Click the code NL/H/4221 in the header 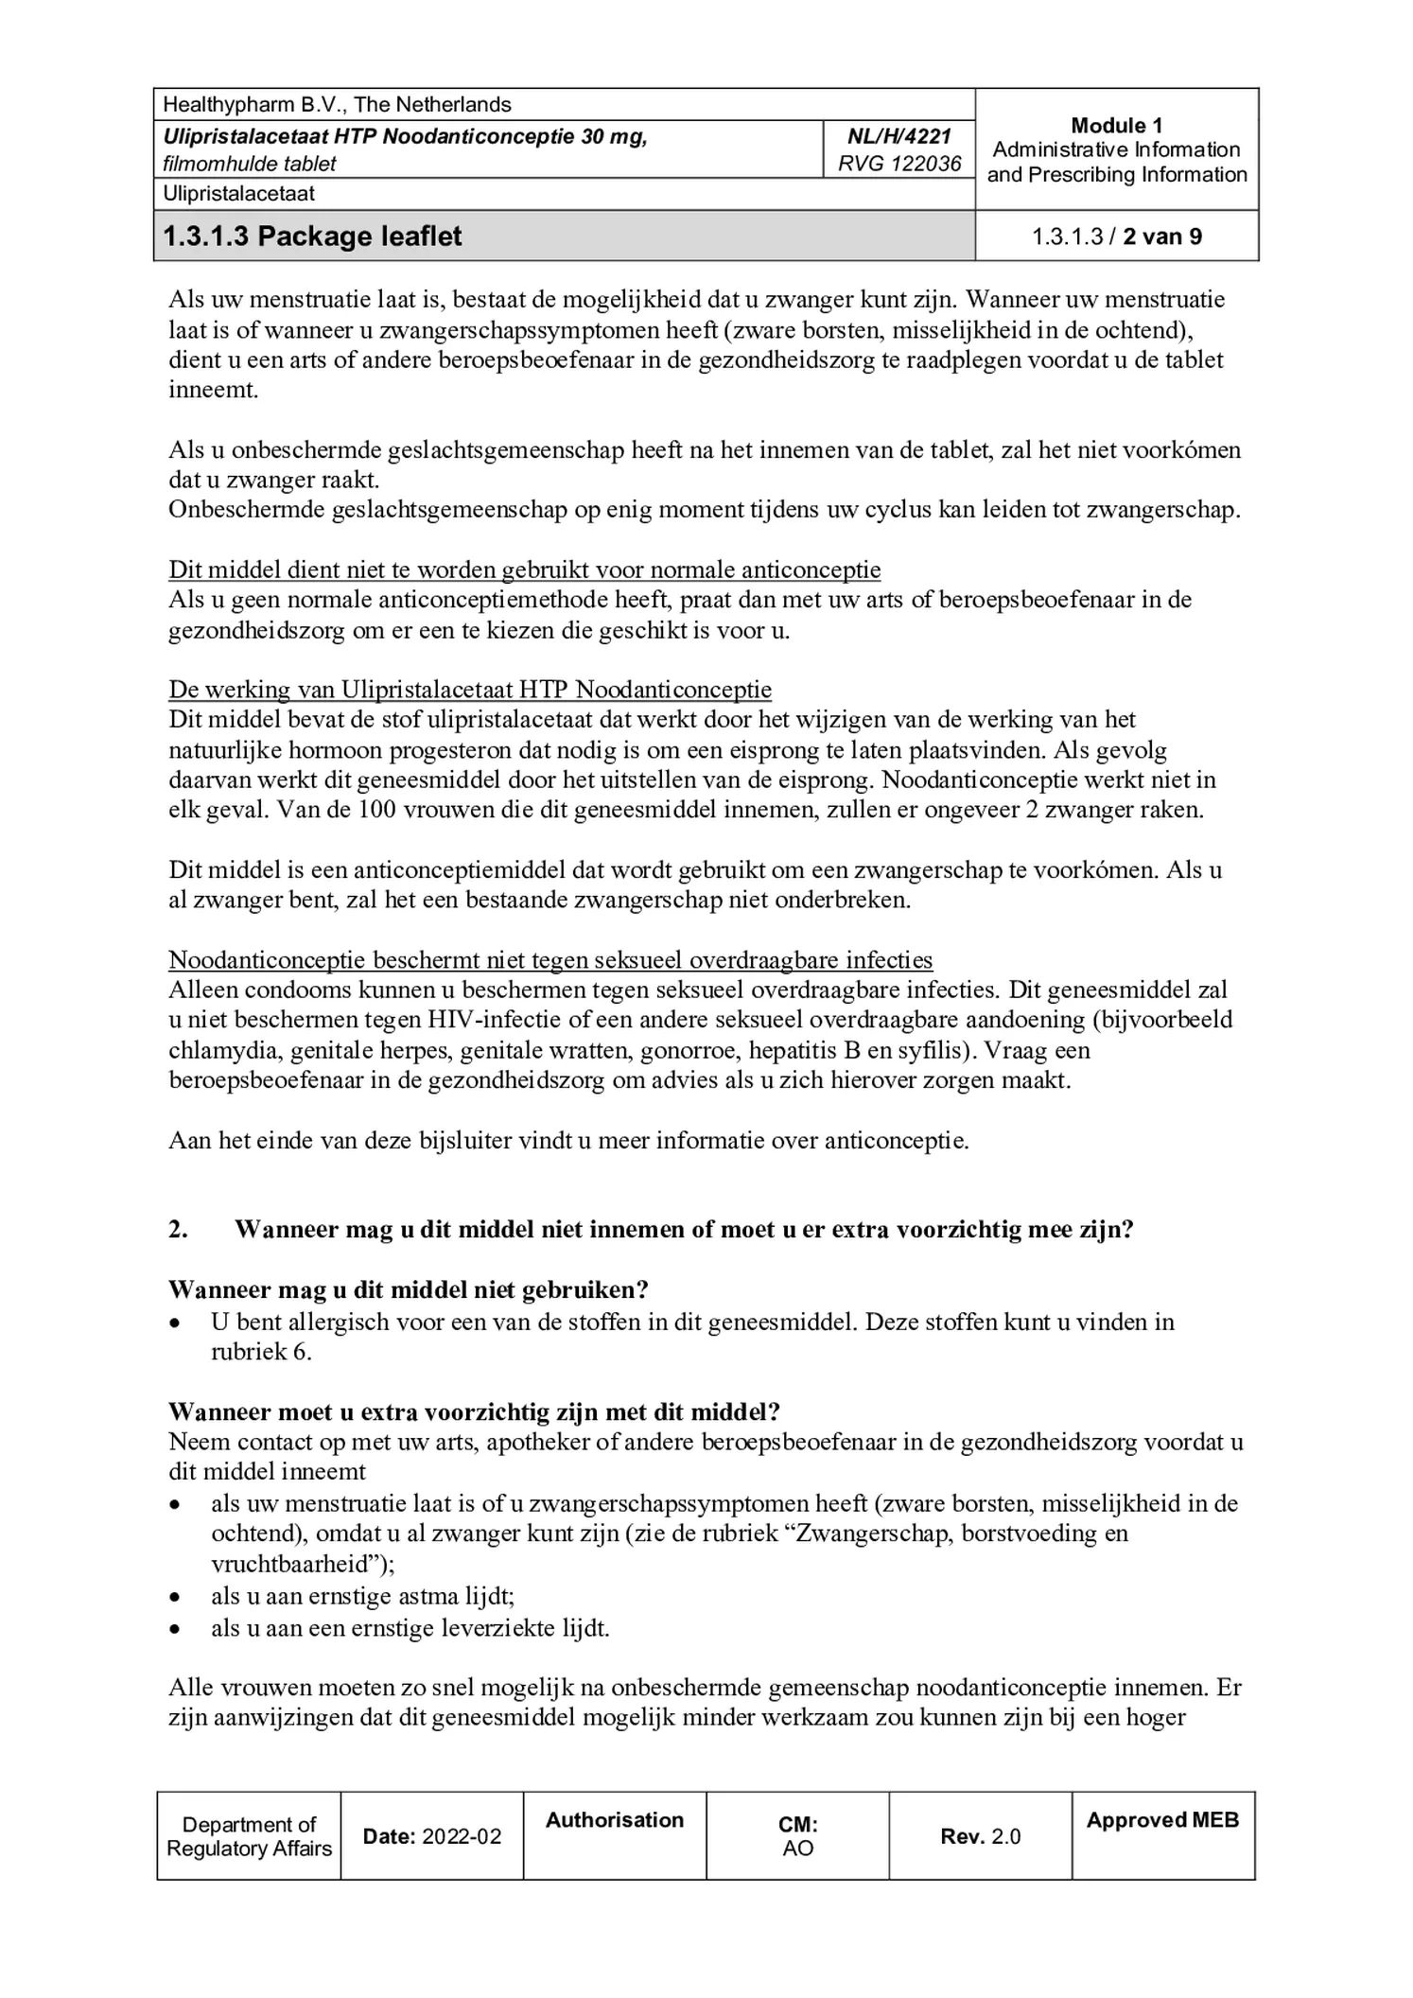click(x=898, y=136)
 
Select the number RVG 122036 click(x=898, y=164)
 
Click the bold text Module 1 click(x=1116, y=126)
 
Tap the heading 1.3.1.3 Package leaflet click(x=312, y=236)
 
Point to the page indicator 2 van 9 click(x=1162, y=237)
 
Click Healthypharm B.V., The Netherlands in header click(x=337, y=105)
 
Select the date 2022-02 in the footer click(x=462, y=1836)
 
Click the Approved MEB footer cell click(x=1162, y=1820)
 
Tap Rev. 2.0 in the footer click(x=980, y=1836)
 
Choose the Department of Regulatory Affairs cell click(x=249, y=1836)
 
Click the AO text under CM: click(x=797, y=1849)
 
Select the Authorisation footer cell click(x=615, y=1820)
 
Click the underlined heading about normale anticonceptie click(x=524, y=570)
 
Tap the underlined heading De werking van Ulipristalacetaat click(x=469, y=690)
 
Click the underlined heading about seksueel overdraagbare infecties click(x=550, y=959)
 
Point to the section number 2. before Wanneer click(x=178, y=1229)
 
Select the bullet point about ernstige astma click(x=362, y=1596)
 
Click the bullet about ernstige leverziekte click(x=410, y=1628)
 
